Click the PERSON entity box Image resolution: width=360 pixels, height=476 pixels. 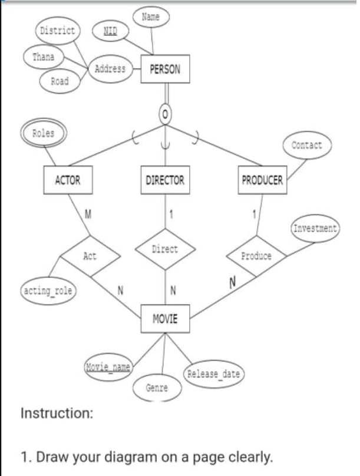coord(165,70)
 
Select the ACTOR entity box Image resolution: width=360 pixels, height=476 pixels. coord(68,181)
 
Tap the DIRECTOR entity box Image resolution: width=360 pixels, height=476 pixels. coord(165,181)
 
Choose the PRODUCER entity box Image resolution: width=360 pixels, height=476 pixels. coord(262,181)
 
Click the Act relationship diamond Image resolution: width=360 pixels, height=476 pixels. coord(90,256)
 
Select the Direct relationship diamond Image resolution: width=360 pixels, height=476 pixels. coord(165,250)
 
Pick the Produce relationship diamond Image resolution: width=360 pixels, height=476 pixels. coord(257,256)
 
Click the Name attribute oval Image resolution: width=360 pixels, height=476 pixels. coord(151,17)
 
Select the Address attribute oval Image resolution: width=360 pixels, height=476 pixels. coord(110,69)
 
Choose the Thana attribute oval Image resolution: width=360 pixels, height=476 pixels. coord(43,57)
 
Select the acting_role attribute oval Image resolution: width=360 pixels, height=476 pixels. coord(47,290)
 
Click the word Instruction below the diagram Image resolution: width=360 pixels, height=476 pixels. coord(57,413)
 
